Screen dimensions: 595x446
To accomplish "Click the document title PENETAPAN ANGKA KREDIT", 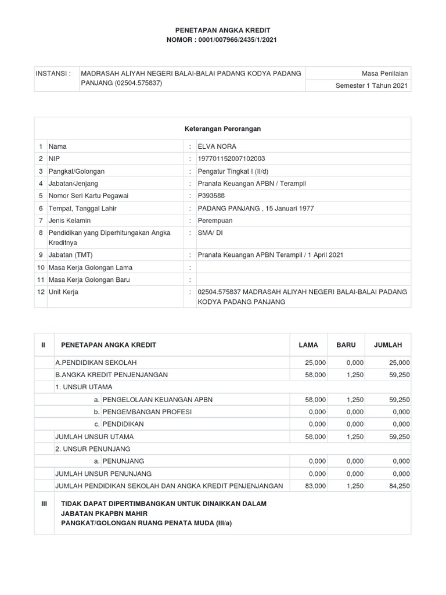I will coord(223,29).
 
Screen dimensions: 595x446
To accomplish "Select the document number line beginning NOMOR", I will coord(223,40).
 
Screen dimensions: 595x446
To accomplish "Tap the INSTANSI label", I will coord(53,74).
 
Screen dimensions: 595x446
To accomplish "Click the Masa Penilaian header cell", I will coord(384,74).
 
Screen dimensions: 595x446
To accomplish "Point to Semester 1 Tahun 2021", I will coord(372,85).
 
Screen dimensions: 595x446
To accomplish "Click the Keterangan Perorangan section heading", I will coord(223,128).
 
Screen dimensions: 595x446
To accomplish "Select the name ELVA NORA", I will coord(217,147).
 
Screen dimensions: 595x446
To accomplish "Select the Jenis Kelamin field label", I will coord(71,220).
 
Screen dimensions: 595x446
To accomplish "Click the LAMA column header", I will coord(308,345).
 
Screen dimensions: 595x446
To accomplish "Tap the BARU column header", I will coord(346,345).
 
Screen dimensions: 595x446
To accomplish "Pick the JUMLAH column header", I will coord(388,345).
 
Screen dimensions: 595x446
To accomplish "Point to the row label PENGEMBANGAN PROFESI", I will coord(146,411).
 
